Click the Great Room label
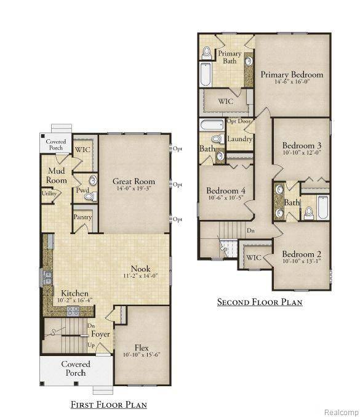(x=134, y=181)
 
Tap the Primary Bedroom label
(x=291, y=75)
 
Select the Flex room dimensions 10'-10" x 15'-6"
(x=142, y=355)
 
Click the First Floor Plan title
(x=108, y=405)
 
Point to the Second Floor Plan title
(x=259, y=302)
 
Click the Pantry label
(x=82, y=217)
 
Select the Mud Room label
(x=55, y=175)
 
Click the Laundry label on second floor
(x=239, y=139)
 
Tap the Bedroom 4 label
(x=226, y=191)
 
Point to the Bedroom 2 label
(x=302, y=254)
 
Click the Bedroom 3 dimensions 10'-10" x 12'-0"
(x=302, y=152)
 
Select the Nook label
(x=140, y=269)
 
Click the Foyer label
(x=100, y=334)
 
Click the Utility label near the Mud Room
(x=49, y=193)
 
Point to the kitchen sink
(x=47, y=278)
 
